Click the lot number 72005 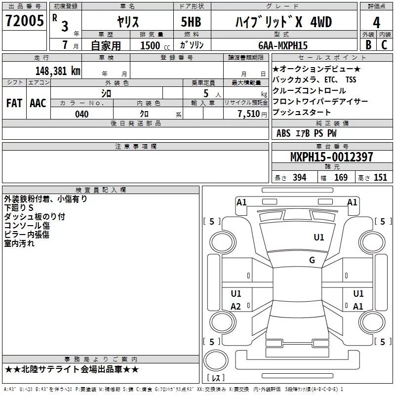click(24, 21)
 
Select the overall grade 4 click(376, 22)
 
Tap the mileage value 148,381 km click(58, 71)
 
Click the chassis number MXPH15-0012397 click(332, 157)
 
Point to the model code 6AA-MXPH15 click(283, 45)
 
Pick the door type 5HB click(191, 22)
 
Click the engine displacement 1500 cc click(155, 45)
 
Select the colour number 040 click(82, 114)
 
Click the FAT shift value click(14, 103)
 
